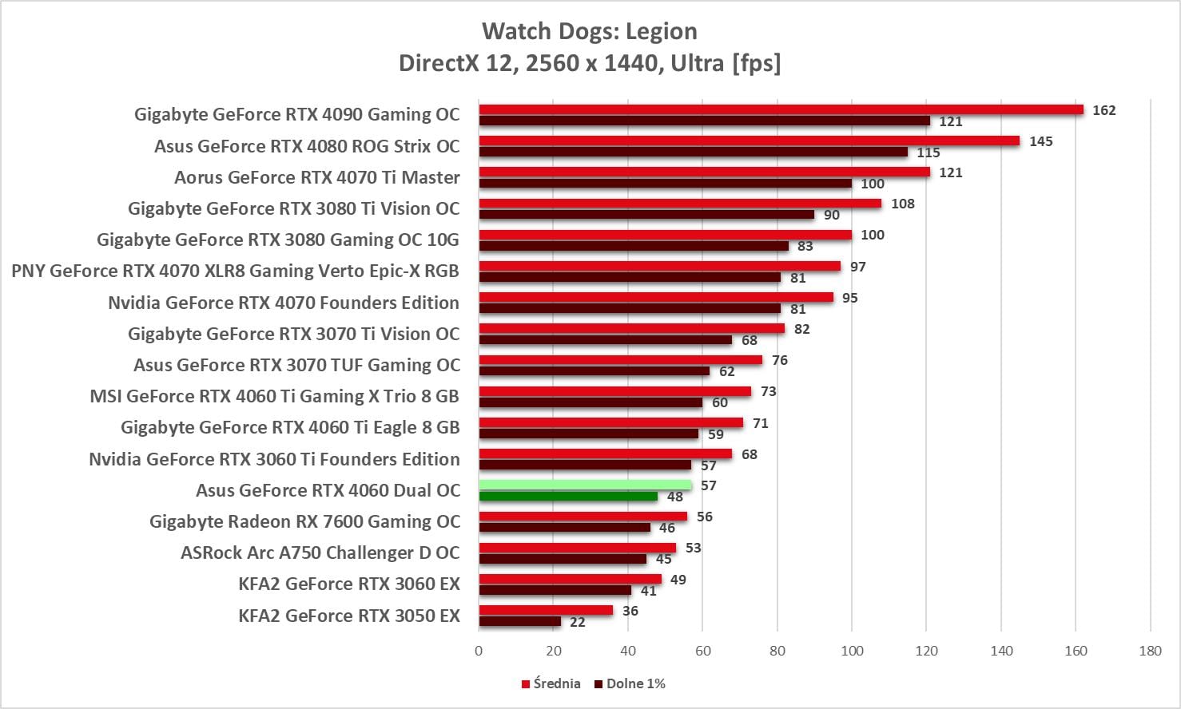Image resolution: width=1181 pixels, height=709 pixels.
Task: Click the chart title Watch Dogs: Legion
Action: click(x=590, y=31)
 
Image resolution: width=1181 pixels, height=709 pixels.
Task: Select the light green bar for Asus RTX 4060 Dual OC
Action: click(x=585, y=485)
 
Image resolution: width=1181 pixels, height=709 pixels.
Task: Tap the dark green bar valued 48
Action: click(x=568, y=496)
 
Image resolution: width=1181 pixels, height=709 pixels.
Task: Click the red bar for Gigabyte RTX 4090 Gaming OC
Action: click(x=781, y=109)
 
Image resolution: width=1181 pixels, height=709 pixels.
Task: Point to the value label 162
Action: click(x=1103, y=110)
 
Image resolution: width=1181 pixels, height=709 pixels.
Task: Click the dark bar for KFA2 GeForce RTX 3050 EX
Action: click(x=519, y=621)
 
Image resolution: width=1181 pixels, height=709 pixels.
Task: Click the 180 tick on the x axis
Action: click(x=1150, y=651)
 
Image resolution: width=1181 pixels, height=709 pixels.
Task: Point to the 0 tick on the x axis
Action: click(x=479, y=651)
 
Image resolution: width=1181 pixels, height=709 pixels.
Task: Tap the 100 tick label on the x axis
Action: click(x=852, y=651)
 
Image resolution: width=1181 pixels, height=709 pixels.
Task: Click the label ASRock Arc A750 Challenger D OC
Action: click(x=320, y=553)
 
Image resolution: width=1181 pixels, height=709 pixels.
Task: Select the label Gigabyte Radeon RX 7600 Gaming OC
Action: click(x=304, y=521)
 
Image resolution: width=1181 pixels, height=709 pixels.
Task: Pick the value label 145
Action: click(x=1040, y=141)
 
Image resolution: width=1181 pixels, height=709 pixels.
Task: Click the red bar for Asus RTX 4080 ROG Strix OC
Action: click(x=749, y=141)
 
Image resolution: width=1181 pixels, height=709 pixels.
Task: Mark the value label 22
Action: click(x=577, y=622)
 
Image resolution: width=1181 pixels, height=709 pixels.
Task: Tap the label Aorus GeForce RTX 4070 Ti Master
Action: click(x=317, y=177)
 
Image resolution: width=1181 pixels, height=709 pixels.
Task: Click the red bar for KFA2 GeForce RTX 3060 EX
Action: click(x=570, y=579)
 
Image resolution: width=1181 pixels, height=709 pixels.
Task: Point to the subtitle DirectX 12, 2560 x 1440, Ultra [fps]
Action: click(x=590, y=62)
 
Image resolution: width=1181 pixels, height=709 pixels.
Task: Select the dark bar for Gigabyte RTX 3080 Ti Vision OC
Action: click(x=646, y=214)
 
